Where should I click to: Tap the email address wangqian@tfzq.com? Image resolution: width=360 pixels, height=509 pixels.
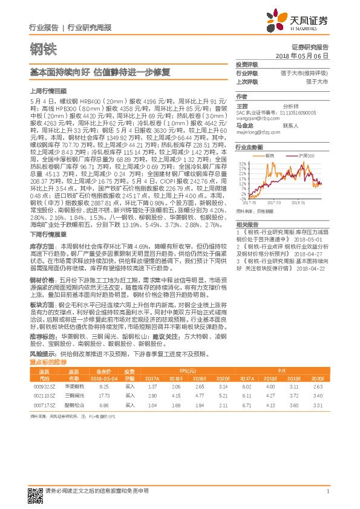point(255,119)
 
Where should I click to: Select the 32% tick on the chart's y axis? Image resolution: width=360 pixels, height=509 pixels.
point(243,163)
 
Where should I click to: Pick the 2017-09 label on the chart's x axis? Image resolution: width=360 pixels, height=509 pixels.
point(273,203)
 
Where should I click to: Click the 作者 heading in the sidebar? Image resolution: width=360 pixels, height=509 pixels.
point(242,96)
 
